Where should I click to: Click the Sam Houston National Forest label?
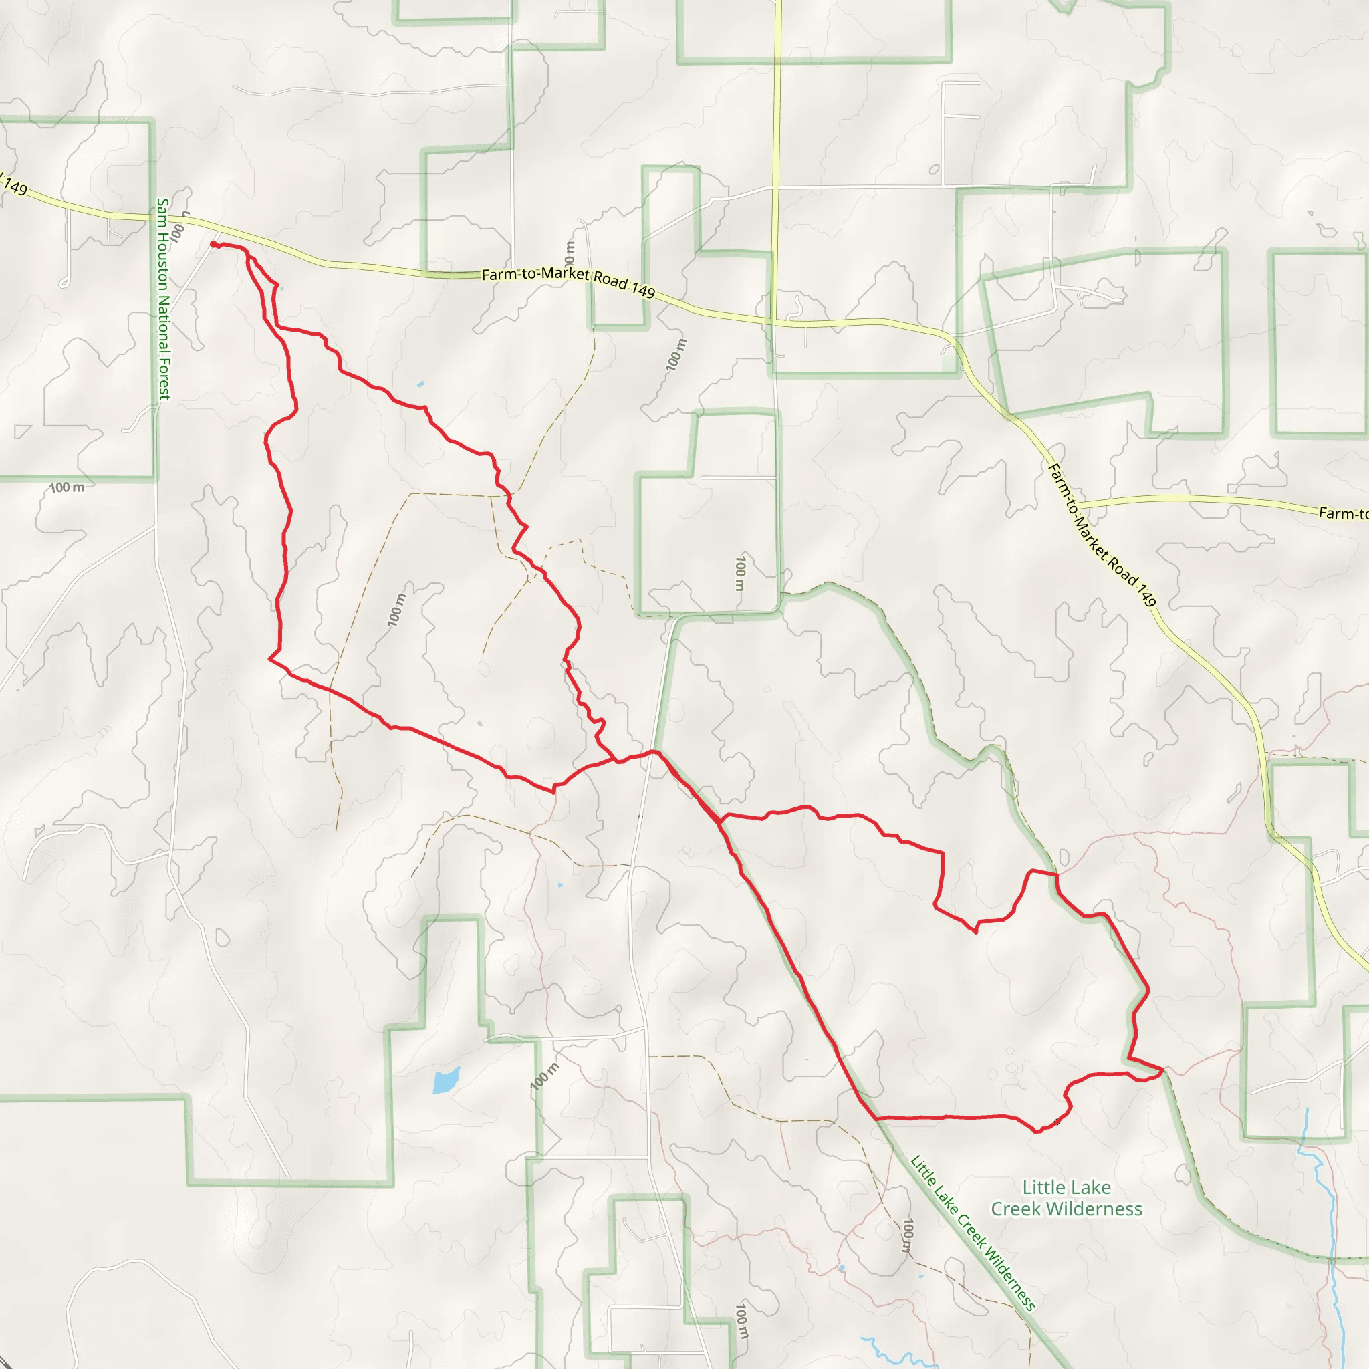(x=164, y=298)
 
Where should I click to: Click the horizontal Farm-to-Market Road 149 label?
(x=568, y=282)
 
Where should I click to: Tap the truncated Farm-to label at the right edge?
(x=1342, y=513)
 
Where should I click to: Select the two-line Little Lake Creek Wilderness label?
(x=1066, y=1197)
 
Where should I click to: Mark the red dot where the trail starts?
(x=213, y=245)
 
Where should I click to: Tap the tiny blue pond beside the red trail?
(x=421, y=384)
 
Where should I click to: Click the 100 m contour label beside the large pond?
(x=544, y=1076)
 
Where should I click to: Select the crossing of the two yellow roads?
(x=775, y=322)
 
